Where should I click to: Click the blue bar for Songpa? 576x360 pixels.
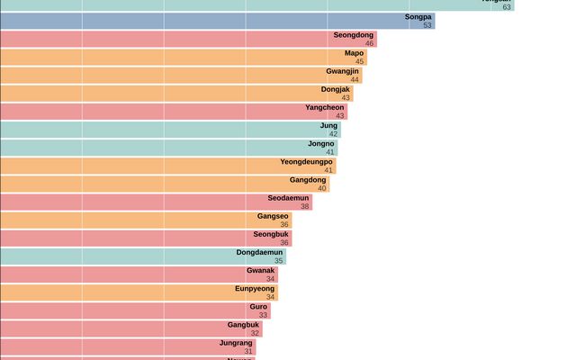216,21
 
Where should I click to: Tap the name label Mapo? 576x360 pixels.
354,53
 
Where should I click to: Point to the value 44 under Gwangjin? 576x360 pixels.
355,80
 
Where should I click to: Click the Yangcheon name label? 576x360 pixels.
325,107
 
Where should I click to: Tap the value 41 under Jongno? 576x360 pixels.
329,152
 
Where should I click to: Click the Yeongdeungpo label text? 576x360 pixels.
306,162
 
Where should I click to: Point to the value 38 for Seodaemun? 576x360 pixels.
305,206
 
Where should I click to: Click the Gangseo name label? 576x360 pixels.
273,216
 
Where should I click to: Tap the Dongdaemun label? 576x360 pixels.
259,252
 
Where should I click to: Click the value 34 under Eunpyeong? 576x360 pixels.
270,297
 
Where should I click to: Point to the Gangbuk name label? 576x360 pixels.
243,324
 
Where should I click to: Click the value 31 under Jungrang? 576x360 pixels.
248,351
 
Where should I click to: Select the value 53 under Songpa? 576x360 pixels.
427,25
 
